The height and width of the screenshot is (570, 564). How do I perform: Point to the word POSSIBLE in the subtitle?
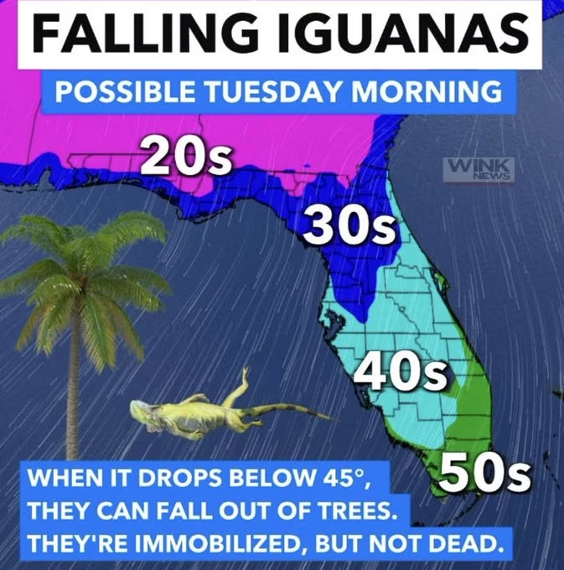(119, 91)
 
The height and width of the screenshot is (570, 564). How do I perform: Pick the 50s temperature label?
(484, 474)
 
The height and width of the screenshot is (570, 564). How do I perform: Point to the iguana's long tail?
(285, 411)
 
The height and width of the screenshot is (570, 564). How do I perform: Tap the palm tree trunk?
(75, 394)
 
